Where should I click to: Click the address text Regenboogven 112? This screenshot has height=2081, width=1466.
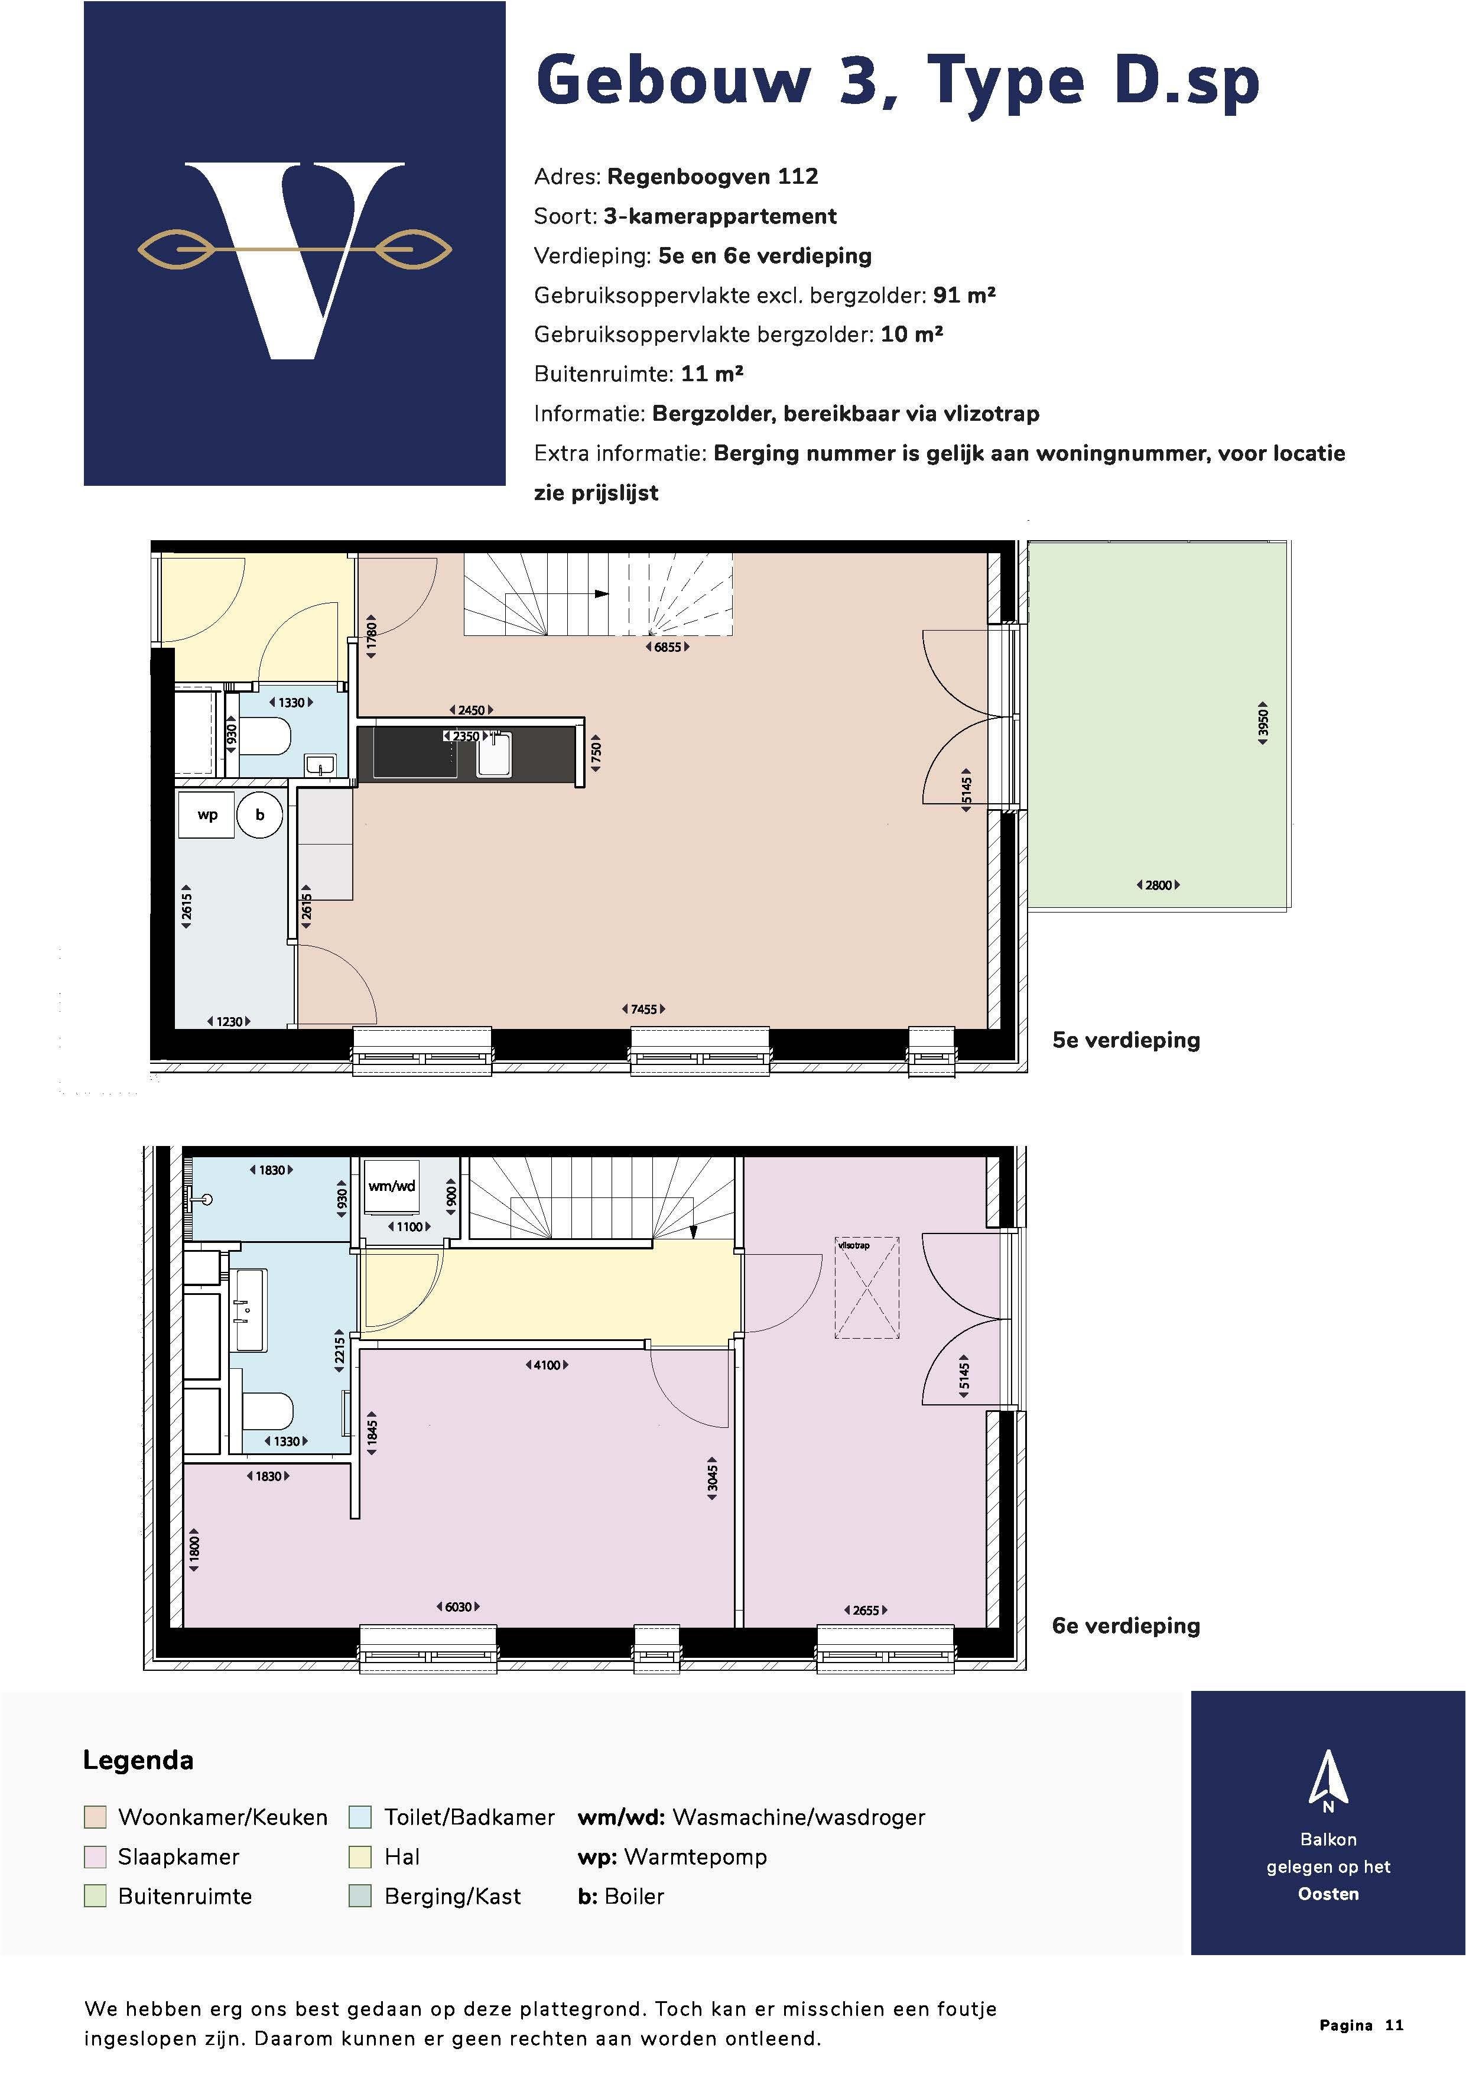[712, 177]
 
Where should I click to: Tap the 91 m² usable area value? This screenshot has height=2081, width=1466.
[964, 296]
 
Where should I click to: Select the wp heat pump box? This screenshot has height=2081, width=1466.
[207, 815]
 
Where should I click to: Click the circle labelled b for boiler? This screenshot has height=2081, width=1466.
[260, 815]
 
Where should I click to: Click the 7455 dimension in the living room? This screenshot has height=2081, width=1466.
[643, 1009]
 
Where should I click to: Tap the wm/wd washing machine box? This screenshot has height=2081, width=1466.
[391, 1187]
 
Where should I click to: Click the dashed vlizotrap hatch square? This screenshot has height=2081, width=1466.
[867, 1287]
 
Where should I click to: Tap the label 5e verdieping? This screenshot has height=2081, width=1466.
[1125, 1040]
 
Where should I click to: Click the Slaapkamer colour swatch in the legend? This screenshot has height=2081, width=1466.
[95, 1857]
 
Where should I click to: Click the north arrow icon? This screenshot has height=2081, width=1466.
[1327, 1779]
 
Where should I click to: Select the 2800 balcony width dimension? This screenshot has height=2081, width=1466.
[1158, 885]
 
